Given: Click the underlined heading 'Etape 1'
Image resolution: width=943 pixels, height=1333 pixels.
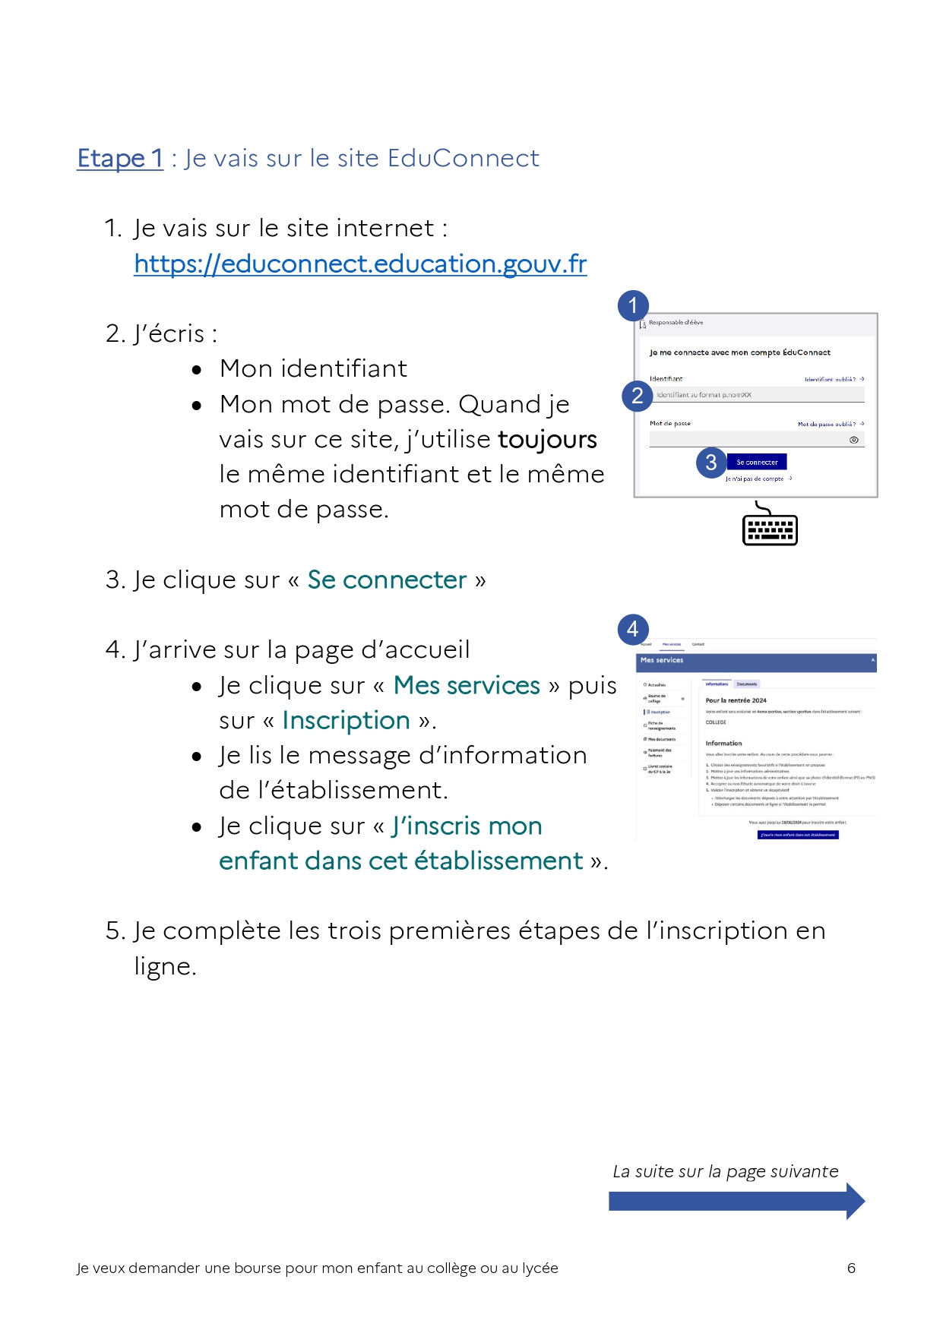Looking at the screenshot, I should coord(120,158).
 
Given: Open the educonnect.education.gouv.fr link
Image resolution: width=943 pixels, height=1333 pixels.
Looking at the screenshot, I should coord(360,264).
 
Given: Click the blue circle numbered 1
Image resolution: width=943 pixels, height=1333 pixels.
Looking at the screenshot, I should coord(633,305).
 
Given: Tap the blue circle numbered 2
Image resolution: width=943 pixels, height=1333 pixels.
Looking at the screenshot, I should coord(637,396).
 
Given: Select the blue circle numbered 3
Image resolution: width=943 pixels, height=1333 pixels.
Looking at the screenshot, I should coord(711,462).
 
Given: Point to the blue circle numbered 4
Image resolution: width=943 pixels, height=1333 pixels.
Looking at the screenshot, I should coord(633,629).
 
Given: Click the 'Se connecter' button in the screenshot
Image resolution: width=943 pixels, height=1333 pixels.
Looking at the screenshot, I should coord(757,462).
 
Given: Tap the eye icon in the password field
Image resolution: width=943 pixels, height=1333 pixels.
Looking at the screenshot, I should coord(854,440).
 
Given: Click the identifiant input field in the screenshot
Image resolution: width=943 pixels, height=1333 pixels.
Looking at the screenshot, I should coord(757,395).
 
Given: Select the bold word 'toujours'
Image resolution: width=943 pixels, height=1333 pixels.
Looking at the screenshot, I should coord(547,439).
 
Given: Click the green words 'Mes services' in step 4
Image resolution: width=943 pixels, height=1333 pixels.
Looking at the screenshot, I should coord(467,685).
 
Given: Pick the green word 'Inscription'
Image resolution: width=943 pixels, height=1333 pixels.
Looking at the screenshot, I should coord(346,720).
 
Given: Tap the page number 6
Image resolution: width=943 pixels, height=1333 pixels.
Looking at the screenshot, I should coord(851,1268).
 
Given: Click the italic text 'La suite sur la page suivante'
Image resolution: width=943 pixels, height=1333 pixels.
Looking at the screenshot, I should coord(725,1171).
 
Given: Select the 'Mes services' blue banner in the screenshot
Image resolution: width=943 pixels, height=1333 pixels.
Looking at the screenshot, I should coord(757,662).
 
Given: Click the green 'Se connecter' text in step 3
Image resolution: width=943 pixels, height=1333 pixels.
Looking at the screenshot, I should coord(387,580).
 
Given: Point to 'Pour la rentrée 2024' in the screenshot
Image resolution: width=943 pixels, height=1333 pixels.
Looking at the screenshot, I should coord(736,700).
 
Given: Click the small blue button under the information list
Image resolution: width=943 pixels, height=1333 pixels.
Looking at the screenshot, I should coord(798,835).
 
